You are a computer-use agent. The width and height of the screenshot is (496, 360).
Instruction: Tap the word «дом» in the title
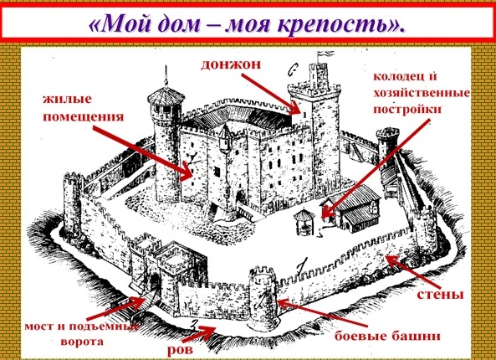point(176,23)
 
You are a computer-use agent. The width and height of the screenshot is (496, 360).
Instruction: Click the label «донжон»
point(231,64)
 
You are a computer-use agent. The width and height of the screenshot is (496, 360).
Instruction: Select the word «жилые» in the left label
point(67,100)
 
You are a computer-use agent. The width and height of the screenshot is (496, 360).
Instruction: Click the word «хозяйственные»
point(422,94)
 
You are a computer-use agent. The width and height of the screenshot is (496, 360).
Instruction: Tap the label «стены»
point(440,295)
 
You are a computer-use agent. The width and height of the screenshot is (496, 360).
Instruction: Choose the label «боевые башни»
point(387,336)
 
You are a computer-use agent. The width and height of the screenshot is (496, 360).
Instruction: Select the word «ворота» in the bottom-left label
point(82,342)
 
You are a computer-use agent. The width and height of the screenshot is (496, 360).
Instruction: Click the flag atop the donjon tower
point(325,54)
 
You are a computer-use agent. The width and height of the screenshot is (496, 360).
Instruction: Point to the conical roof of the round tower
point(166,94)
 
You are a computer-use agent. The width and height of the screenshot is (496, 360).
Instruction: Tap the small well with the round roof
point(304,222)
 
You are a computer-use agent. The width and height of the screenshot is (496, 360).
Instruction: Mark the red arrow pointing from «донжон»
point(271,94)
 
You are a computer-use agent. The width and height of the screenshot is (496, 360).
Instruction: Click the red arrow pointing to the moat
point(199,334)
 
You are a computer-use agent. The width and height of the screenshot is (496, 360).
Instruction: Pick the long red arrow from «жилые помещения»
point(142,153)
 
